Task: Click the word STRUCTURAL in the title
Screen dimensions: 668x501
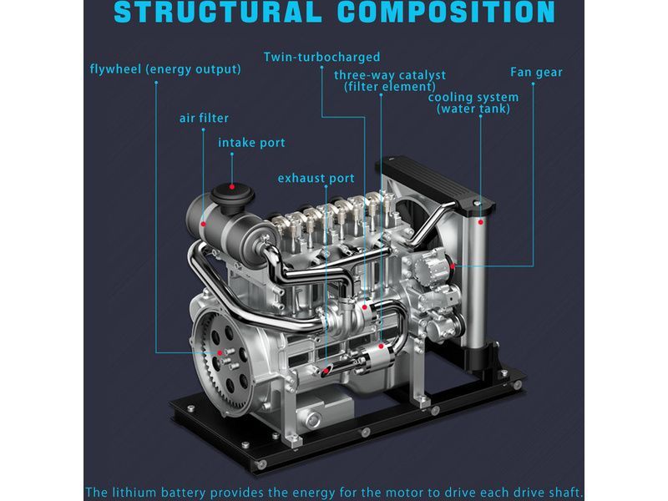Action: click(218, 12)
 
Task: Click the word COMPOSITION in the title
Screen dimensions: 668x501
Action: click(446, 12)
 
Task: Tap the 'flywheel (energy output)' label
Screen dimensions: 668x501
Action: click(165, 69)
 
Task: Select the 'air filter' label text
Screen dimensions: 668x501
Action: click(204, 118)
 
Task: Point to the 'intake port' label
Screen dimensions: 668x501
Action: click(251, 143)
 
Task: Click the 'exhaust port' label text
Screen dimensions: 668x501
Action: click(316, 178)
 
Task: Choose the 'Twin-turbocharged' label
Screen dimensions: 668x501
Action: click(321, 57)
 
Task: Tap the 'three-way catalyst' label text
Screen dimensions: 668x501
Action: click(390, 75)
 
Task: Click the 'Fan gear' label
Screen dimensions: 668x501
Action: click(536, 73)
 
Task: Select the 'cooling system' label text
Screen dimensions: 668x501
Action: click(473, 97)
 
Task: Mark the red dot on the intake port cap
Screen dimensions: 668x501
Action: click(232, 186)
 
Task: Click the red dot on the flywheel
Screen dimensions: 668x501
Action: click(220, 352)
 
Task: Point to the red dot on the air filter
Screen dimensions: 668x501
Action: click(203, 224)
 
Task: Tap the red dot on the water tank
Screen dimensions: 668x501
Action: click(481, 222)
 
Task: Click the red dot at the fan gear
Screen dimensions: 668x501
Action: click(453, 266)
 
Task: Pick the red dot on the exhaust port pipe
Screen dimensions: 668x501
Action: click(326, 371)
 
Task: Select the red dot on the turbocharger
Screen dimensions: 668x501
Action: click(365, 307)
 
